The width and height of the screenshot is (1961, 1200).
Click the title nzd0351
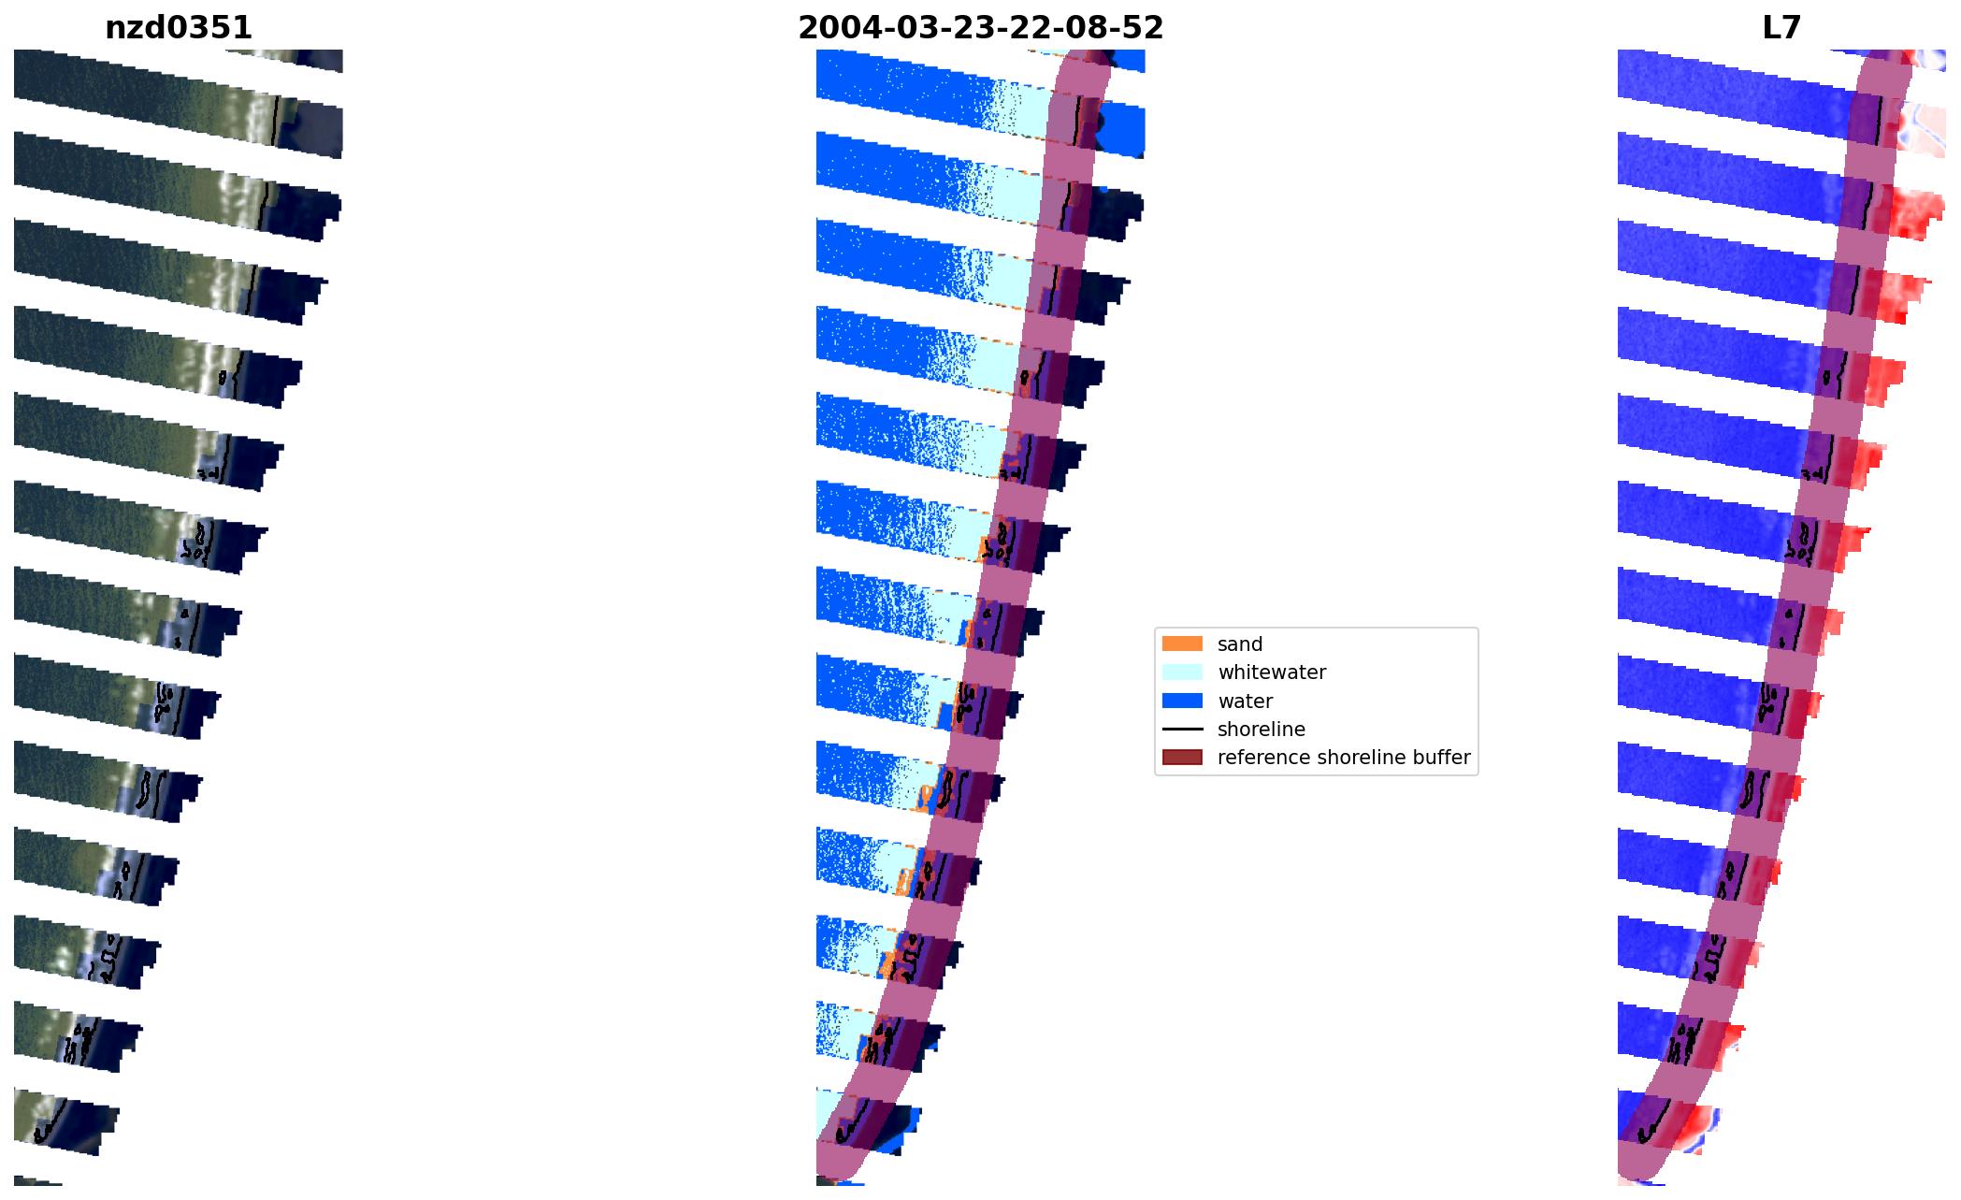coord(179,28)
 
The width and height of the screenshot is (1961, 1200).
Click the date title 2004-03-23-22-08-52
coord(980,28)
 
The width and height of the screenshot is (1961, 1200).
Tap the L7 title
coord(1781,28)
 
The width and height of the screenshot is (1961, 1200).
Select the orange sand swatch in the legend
coord(1182,643)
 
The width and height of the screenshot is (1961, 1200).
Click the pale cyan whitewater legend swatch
coord(1182,672)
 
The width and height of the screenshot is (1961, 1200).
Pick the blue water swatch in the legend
coord(1182,701)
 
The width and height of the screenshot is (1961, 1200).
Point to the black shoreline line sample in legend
coord(1182,729)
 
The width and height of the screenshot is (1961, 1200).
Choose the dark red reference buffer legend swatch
coord(1182,757)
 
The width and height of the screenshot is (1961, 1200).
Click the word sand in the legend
coord(1240,643)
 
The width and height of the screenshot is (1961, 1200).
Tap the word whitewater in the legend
coord(1272,672)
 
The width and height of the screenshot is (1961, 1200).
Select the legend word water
coord(1245,701)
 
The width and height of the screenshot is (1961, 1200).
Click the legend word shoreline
coord(1261,729)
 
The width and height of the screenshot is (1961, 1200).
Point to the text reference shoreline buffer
coord(1343,757)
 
